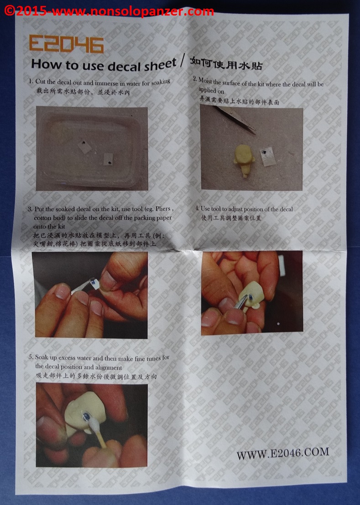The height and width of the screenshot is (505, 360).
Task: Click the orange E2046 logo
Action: click(66, 44)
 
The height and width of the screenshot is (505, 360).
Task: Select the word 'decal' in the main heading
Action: click(124, 66)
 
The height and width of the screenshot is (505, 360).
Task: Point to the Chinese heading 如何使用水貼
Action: click(226, 63)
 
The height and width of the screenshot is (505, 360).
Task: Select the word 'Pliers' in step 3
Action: click(162, 209)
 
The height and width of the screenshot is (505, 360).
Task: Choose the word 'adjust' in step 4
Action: click(236, 209)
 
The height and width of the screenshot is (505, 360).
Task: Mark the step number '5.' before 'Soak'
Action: click(31, 357)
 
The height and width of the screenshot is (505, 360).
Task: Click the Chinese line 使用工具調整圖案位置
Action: click(231, 218)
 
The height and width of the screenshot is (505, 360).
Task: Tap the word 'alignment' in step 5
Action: click(109, 367)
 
